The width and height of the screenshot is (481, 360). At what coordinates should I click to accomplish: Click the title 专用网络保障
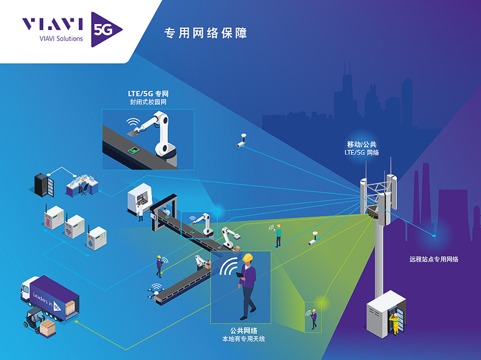tap(205, 33)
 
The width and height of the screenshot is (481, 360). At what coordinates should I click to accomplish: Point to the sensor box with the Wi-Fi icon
tap(74, 229)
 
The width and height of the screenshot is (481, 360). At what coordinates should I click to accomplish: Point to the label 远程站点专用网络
tap(434, 259)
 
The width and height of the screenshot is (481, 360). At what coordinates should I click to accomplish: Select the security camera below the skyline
tap(241, 142)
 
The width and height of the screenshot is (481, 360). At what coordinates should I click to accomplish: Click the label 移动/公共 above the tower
tap(361, 144)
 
